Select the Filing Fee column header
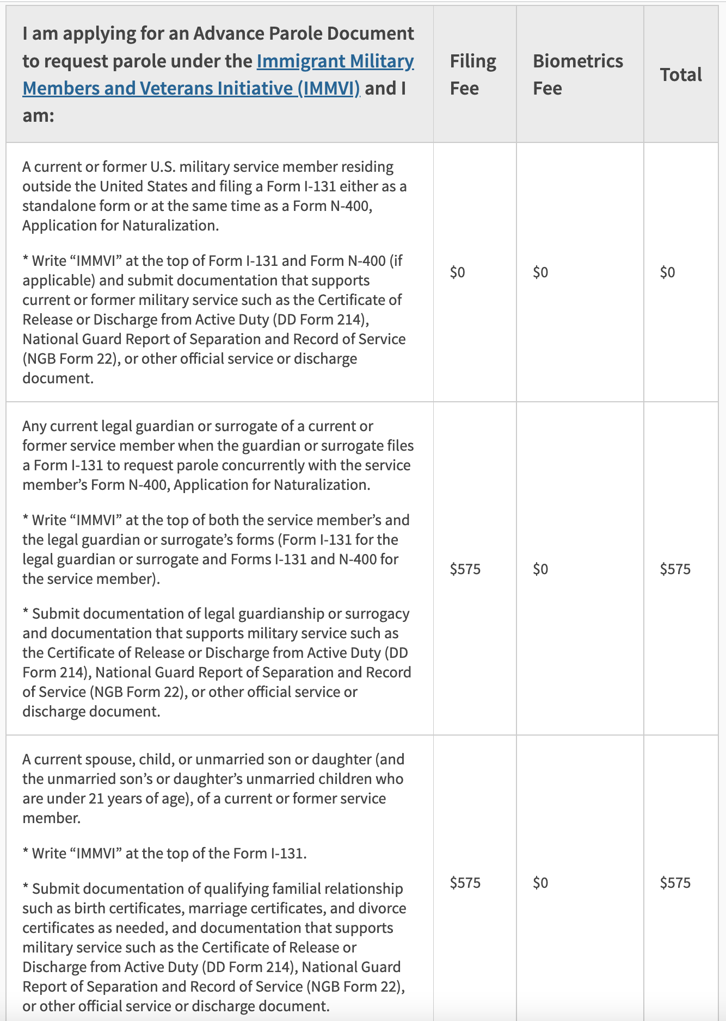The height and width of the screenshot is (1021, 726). tap(472, 74)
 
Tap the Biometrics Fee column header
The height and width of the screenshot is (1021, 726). tap(577, 74)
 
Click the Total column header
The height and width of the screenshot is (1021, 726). tap(680, 74)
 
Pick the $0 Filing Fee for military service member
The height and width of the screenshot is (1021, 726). tap(457, 272)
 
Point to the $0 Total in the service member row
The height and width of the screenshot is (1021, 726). tap(667, 272)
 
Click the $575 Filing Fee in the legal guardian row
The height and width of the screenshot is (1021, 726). tap(465, 569)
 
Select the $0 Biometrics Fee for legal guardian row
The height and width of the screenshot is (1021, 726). tap(540, 569)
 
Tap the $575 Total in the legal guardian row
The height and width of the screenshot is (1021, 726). tap(675, 569)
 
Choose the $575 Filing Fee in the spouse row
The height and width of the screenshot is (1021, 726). tap(465, 882)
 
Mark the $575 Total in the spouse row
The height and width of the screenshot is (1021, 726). tap(675, 882)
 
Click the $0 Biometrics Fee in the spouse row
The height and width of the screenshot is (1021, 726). tap(540, 882)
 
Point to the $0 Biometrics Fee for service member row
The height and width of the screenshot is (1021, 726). tap(540, 272)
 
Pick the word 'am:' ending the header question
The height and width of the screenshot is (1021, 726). tap(38, 115)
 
